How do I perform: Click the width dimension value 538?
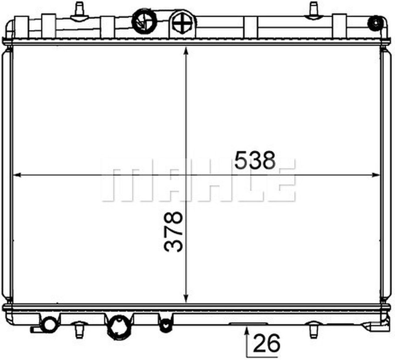click(255, 160)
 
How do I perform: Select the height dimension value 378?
click(174, 232)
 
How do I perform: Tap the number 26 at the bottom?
click(266, 343)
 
